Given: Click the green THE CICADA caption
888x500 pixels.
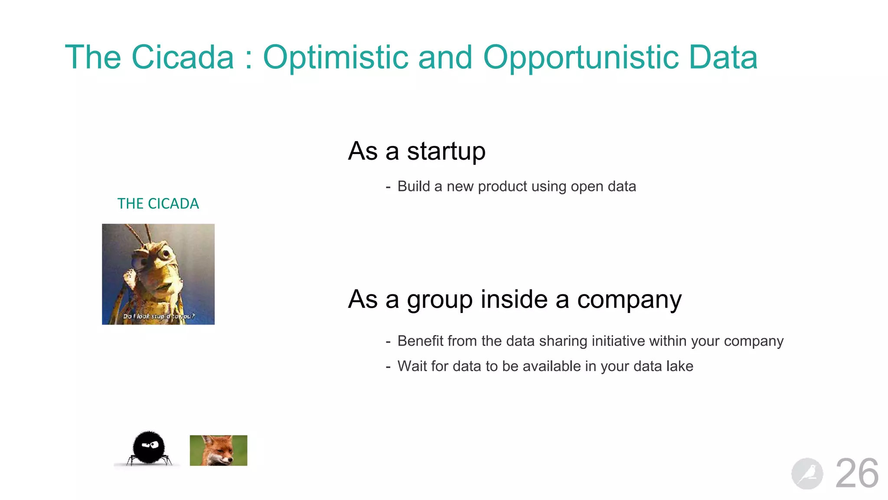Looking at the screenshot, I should click(158, 204).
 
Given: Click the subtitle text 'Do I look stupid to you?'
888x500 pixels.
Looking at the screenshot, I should click(159, 316).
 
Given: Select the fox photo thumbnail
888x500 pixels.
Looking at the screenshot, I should click(219, 451).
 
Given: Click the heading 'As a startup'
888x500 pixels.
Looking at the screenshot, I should click(416, 151).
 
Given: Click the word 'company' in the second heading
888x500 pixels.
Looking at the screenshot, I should click(629, 299).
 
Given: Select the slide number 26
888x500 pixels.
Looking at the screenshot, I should click(857, 474).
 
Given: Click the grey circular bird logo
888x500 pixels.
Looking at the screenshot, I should click(807, 474).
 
